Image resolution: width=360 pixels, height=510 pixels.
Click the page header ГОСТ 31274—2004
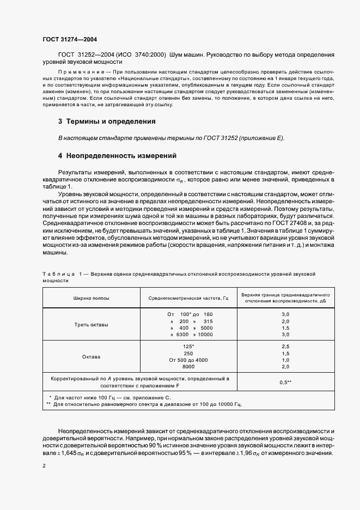coord(70,39)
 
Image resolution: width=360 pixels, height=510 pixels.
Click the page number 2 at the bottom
coord(44,466)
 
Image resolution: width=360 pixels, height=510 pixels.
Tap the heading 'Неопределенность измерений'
coord(121,156)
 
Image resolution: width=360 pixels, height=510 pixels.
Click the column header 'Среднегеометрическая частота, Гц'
coord(182,298)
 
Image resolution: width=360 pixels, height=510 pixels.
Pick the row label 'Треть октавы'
coord(91,325)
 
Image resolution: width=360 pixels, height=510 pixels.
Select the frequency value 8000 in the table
coord(188,367)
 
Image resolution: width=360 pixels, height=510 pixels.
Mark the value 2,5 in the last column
coord(285,347)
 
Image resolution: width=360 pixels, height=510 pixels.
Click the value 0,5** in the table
coord(285,382)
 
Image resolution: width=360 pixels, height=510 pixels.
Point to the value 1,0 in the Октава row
coord(285,361)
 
